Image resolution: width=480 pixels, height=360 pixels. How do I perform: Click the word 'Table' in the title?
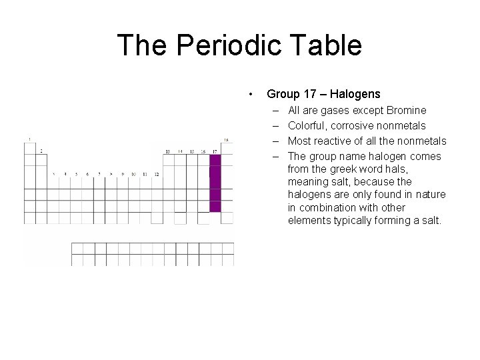pyautogui.click(x=327, y=45)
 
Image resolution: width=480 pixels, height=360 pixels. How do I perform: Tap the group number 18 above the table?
pyautogui.click(x=226, y=140)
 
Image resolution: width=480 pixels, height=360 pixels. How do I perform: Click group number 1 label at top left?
pyautogui.click(x=29, y=139)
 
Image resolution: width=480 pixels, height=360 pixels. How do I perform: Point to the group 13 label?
pyautogui.click(x=168, y=151)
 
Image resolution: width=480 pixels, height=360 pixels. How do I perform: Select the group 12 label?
pyautogui.click(x=155, y=175)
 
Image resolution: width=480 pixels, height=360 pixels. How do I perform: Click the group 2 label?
pyautogui.click(x=41, y=151)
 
